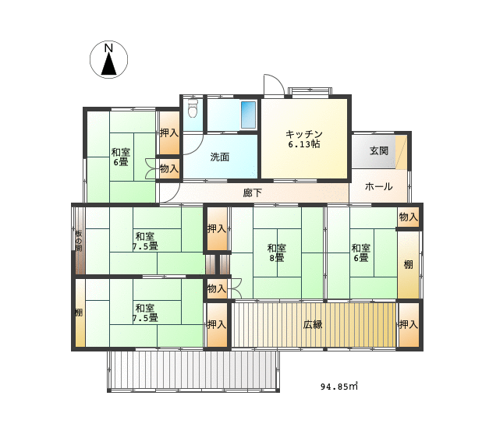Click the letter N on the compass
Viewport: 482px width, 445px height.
[108, 48]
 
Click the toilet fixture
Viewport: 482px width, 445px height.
[193, 108]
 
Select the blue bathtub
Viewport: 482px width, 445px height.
[248, 115]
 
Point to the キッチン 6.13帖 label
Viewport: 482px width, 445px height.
[304, 140]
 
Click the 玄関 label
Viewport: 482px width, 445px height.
[379, 150]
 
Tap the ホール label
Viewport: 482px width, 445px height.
[378, 186]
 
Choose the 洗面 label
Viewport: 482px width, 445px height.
[219, 157]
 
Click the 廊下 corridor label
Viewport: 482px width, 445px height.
[253, 192]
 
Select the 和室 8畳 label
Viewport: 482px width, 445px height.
[276, 253]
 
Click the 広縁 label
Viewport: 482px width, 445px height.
[313, 325]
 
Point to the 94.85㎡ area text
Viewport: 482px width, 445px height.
[339, 386]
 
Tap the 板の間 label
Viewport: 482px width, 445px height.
[79, 241]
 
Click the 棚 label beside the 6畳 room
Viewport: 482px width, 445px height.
[408, 264]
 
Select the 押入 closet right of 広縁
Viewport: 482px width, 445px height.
[409, 325]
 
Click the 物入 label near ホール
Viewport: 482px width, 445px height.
[409, 217]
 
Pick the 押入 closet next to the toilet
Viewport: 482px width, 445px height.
[168, 133]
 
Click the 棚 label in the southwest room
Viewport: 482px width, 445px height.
[79, 313]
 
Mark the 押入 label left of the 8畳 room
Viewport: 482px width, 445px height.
[217, 229]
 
